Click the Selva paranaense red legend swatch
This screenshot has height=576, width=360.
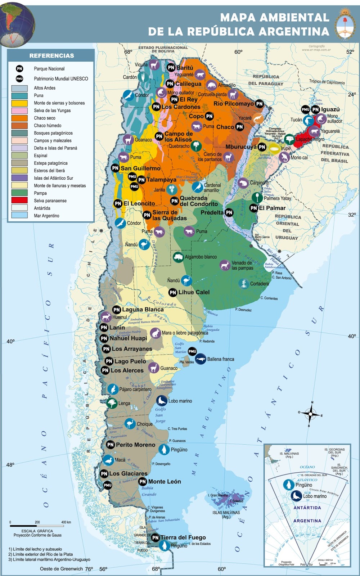coord(19,200)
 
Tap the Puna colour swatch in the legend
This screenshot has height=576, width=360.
coord(19,95)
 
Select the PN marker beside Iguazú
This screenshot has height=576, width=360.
coord(315,109)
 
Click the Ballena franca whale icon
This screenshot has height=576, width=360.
coord(201,359)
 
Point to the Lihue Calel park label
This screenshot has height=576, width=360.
coord(194,292)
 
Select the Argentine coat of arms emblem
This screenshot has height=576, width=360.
coord(345,25)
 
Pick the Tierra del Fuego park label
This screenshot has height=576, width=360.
coord(183,537)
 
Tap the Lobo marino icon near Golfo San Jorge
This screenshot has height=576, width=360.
coord(162,401)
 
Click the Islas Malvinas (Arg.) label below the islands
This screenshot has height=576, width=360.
coord(226,514)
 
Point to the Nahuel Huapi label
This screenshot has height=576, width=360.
coord(128,338)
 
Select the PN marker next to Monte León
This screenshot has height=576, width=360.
coord(143,482)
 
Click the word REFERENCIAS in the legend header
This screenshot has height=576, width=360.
coord(51,56)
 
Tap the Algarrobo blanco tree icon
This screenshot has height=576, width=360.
coord(178,257)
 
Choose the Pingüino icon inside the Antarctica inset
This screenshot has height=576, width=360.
coord(288,485)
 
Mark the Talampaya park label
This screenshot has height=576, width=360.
coord(161,180)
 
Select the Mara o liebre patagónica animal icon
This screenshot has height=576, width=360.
coord(155,333)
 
